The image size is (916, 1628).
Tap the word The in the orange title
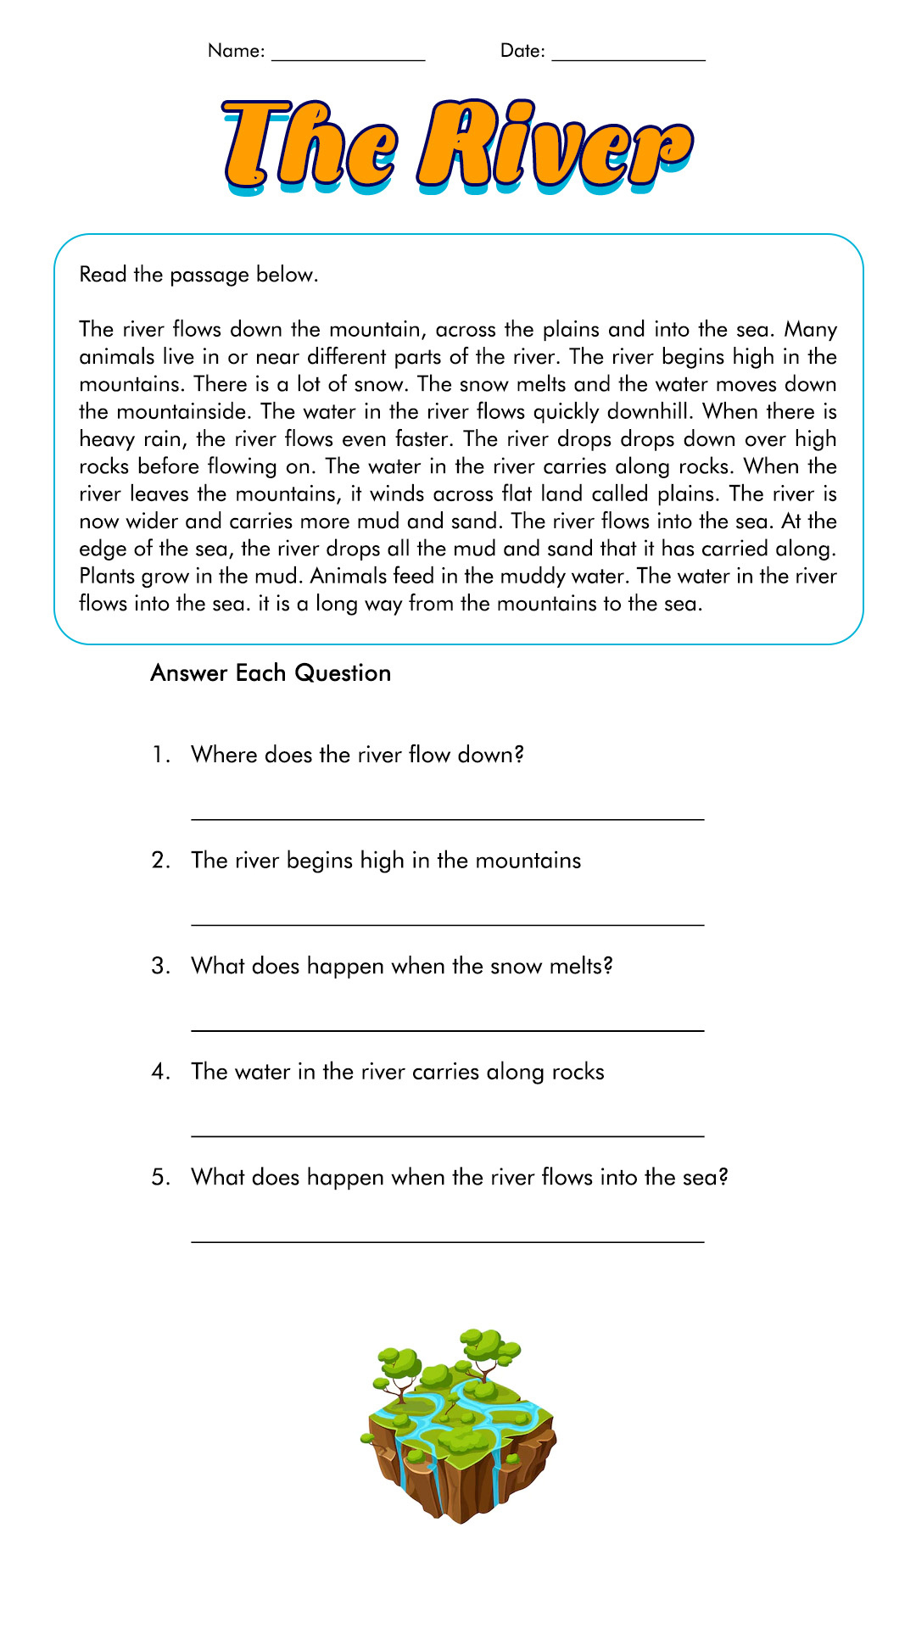coord(310,144)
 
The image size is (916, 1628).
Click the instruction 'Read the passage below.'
coord(198,275)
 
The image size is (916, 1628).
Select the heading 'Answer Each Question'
coord(271,673)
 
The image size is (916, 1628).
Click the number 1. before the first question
coord(161,755)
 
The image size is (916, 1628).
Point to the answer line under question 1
coord(448,818)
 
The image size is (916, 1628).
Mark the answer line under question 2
coord(448,924)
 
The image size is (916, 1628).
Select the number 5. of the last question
coord(161,1178)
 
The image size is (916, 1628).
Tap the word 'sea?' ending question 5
coord(705,1178)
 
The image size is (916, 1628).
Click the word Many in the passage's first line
coord(810,329)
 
